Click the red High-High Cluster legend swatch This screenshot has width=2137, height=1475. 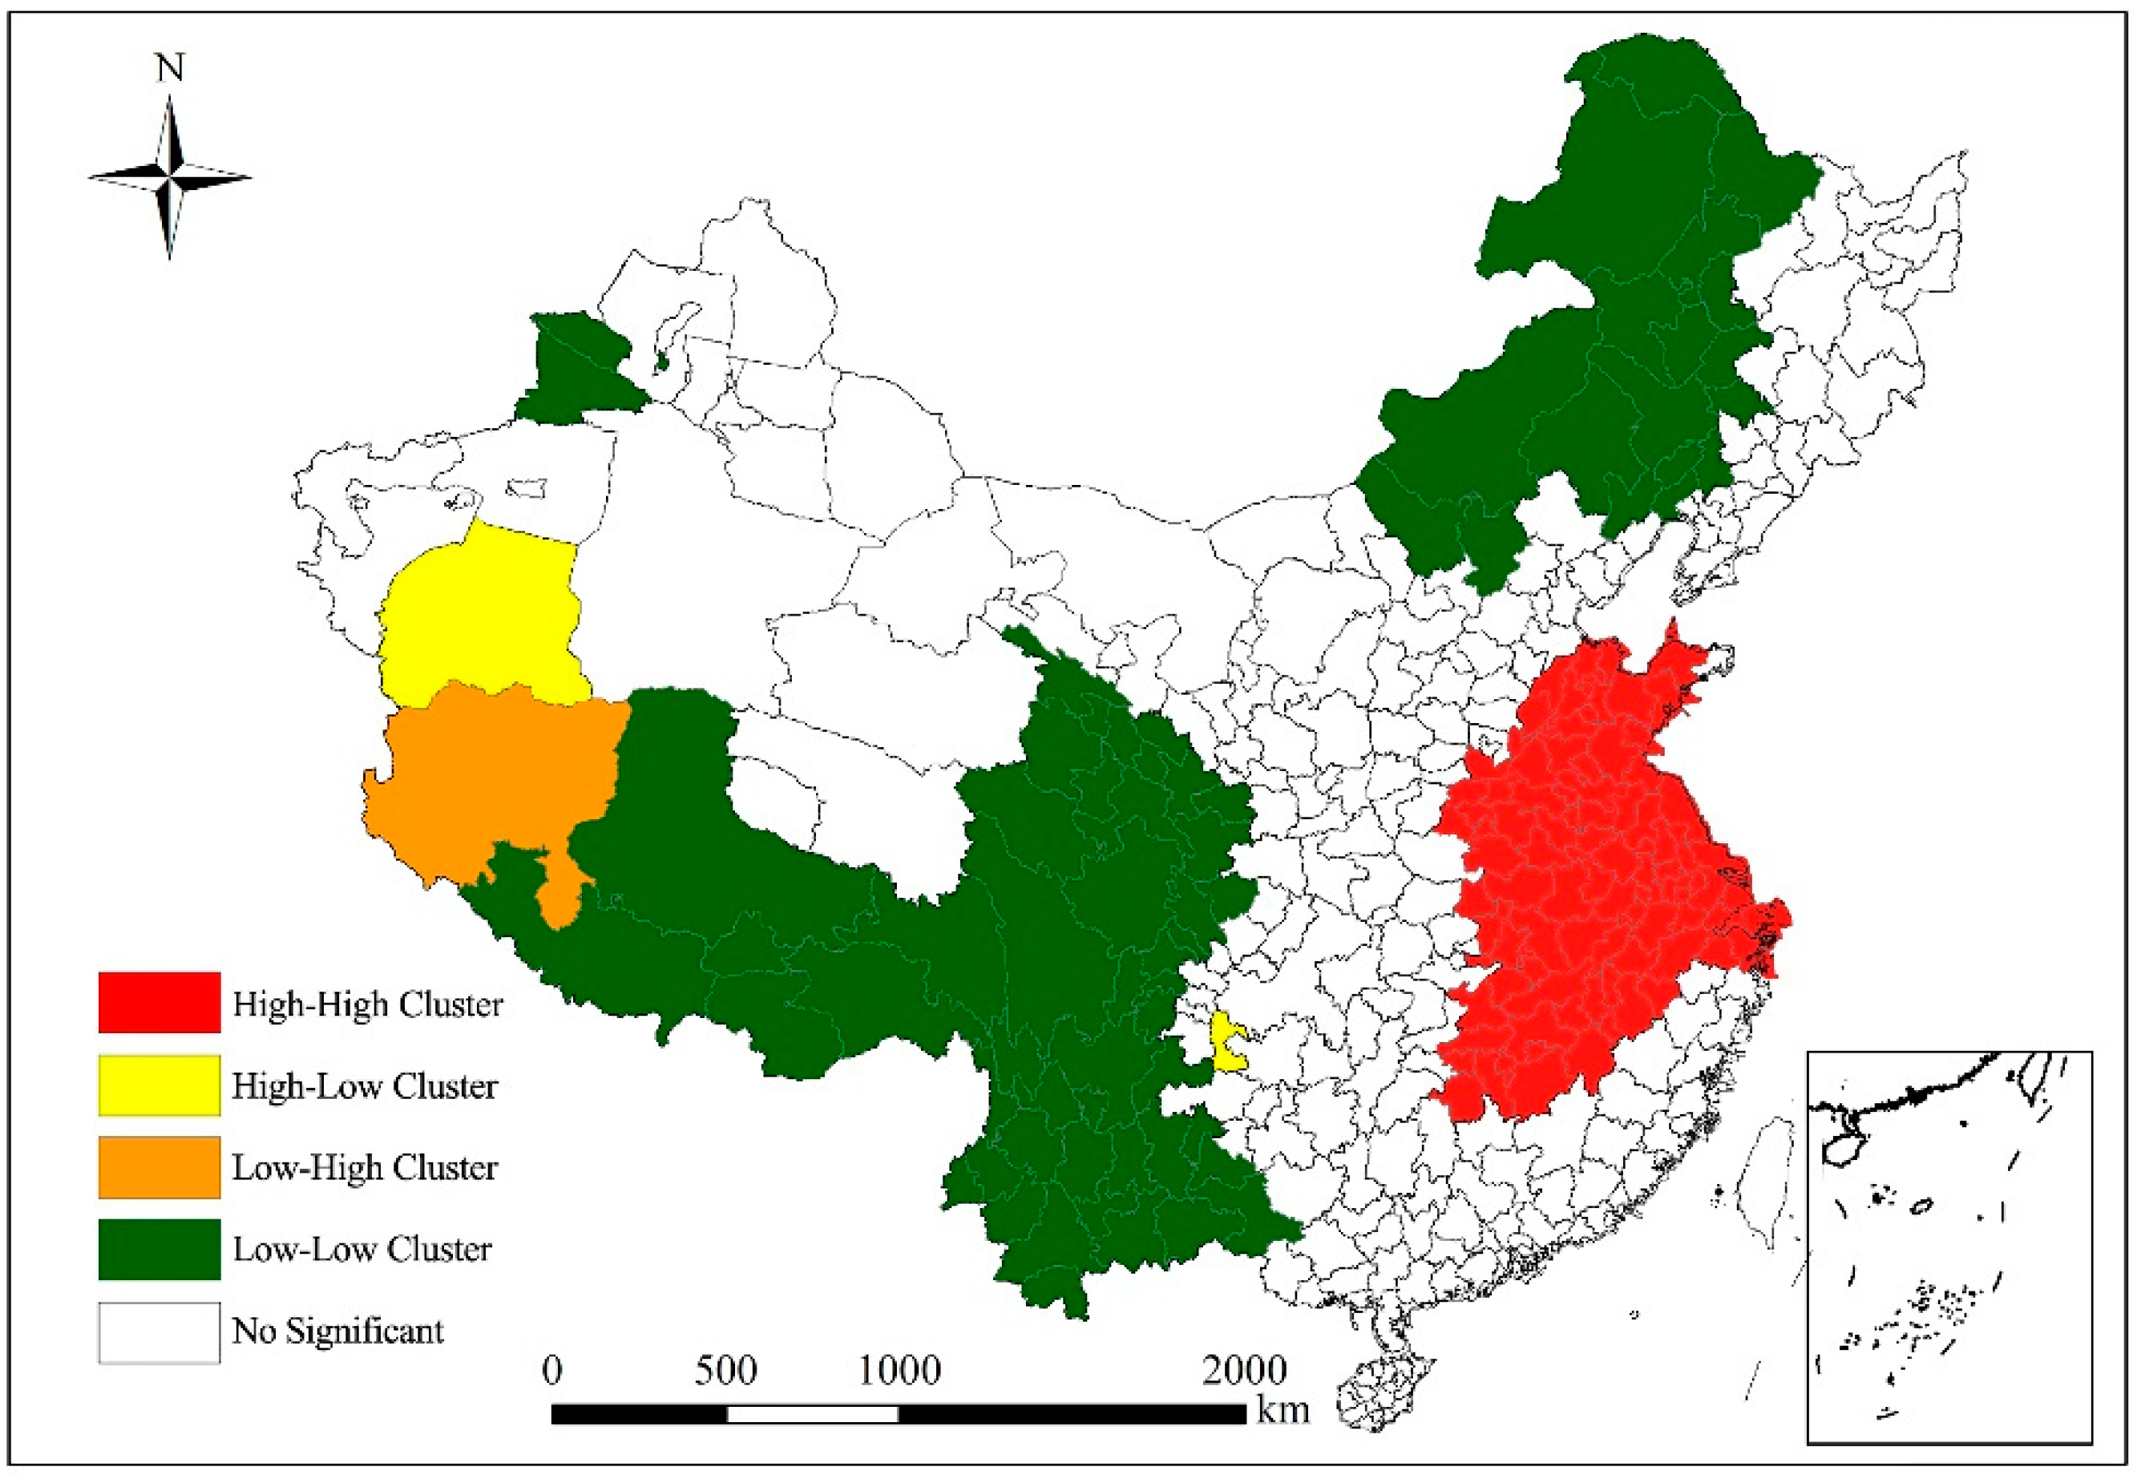(159, 1002)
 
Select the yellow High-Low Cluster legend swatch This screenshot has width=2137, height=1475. (159, 1084)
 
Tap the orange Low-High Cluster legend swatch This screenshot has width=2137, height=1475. (159, 1166)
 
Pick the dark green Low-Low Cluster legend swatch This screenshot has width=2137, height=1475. (159, 1249)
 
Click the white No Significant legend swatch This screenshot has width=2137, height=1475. (159, 1332)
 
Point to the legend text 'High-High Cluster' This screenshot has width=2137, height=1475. (367, 1004)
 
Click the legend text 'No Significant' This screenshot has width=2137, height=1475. (337, 1331)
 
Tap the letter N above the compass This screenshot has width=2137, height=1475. (170, 67)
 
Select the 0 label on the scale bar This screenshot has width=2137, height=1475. (551, 1371)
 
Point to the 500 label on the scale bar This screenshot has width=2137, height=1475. (725, 1371)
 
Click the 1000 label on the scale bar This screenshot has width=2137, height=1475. (899, 1371)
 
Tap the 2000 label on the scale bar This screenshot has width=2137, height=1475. (1243, 1371)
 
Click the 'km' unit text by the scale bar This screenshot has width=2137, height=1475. (1283, 1410)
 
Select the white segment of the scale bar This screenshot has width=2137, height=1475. (812, 1414)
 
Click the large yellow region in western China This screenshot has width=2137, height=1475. (480, 619)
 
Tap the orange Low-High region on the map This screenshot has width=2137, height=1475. (490, 776)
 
